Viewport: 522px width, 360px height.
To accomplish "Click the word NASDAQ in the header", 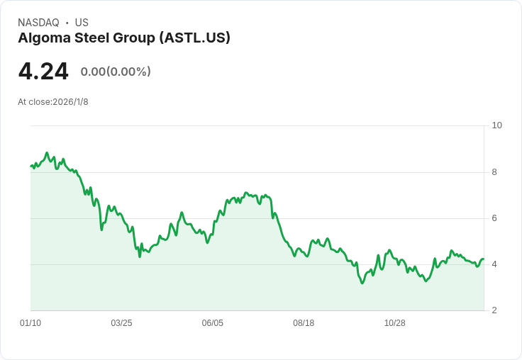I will (38, 23).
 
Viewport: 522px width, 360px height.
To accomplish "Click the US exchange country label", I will (82, 23).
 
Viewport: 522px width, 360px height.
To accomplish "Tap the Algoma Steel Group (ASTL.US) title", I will (124, 38).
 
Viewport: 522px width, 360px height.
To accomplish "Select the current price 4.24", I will (43, 72).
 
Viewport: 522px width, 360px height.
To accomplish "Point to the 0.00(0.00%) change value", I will (116, 72).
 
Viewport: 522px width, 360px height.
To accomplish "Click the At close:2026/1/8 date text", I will (53, 102).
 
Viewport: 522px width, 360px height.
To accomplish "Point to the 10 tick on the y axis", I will (496, 125).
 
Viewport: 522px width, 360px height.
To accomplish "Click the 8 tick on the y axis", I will (494, 172).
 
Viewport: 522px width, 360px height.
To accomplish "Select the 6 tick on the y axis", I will (494, 218).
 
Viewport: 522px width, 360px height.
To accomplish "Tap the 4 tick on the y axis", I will (494, 264).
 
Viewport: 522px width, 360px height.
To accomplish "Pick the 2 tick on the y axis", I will (494, 310).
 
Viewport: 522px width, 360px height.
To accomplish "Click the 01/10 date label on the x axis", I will (30, 323).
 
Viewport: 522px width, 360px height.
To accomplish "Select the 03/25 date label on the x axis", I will (121, 323).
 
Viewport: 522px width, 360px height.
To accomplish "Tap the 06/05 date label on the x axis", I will (213, 323).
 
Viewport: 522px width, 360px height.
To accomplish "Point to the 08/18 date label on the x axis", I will (304, 323).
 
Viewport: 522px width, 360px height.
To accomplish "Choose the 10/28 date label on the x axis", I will (394, 323).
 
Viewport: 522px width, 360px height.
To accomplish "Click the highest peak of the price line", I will (47, 152).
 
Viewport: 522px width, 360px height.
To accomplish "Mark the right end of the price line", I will (483, 259).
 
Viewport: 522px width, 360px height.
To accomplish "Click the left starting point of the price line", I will (30, 166).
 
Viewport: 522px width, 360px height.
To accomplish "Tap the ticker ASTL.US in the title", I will (202, 38).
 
